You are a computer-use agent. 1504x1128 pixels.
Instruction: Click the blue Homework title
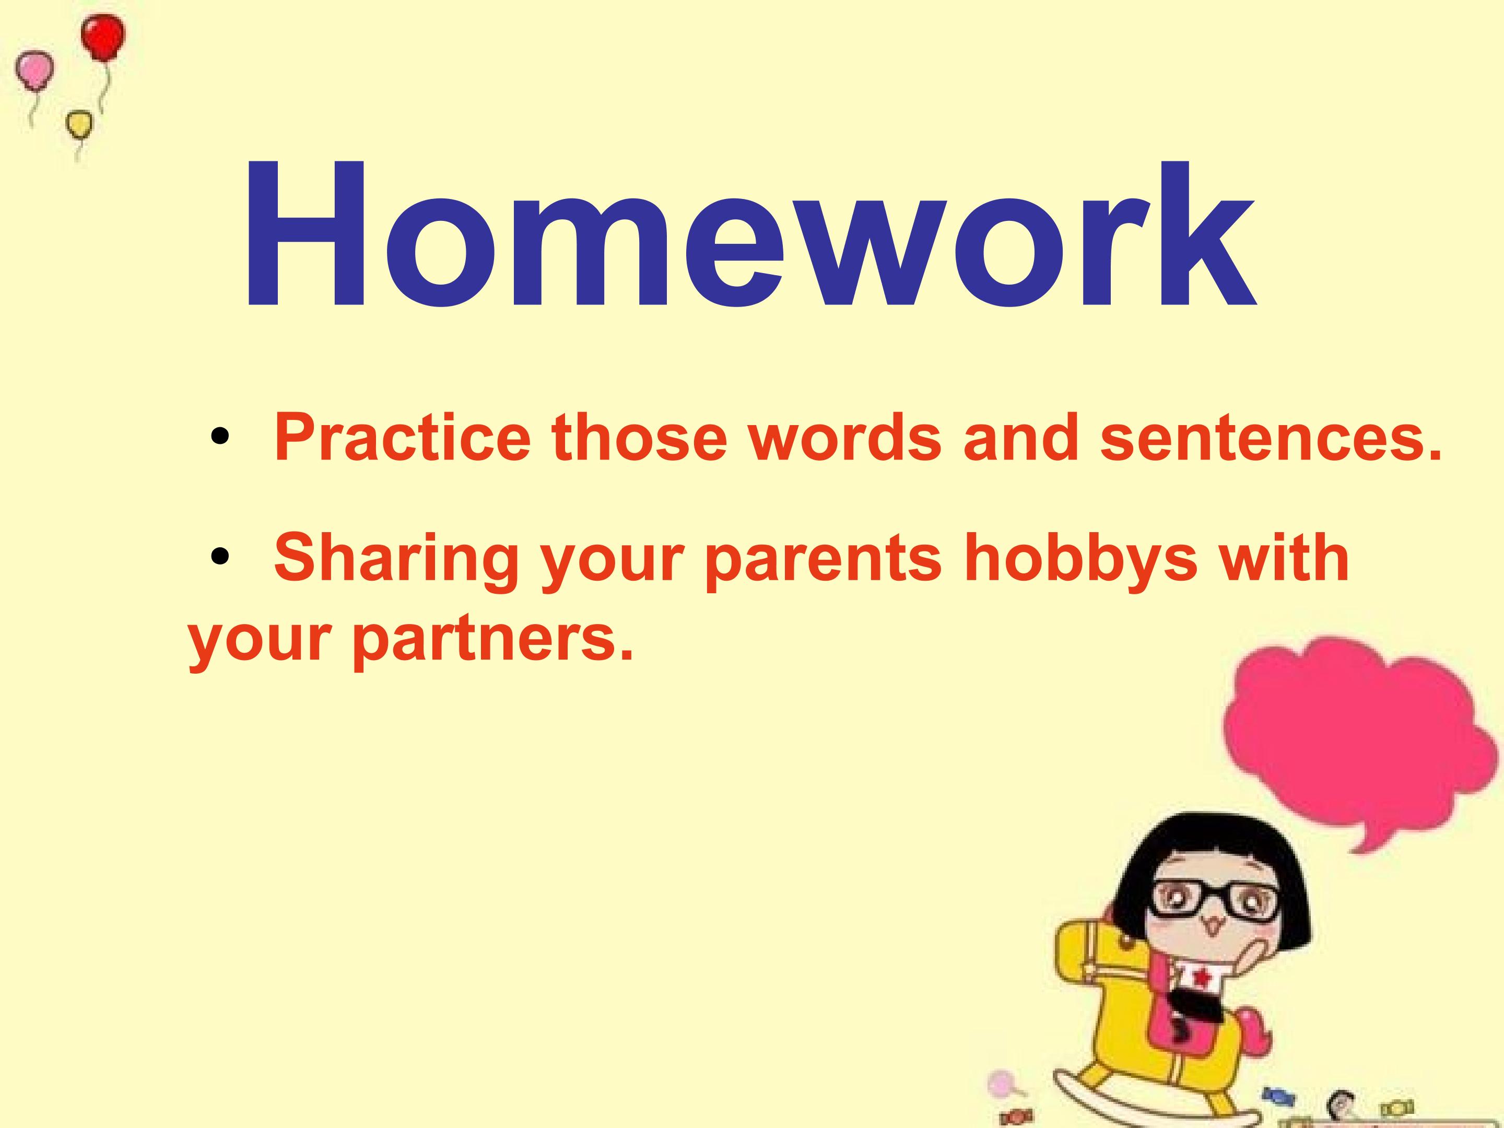750,234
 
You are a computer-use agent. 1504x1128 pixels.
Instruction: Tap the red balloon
103,38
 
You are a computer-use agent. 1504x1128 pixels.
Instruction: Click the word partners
493,641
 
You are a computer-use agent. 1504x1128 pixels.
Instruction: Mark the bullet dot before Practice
219,437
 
